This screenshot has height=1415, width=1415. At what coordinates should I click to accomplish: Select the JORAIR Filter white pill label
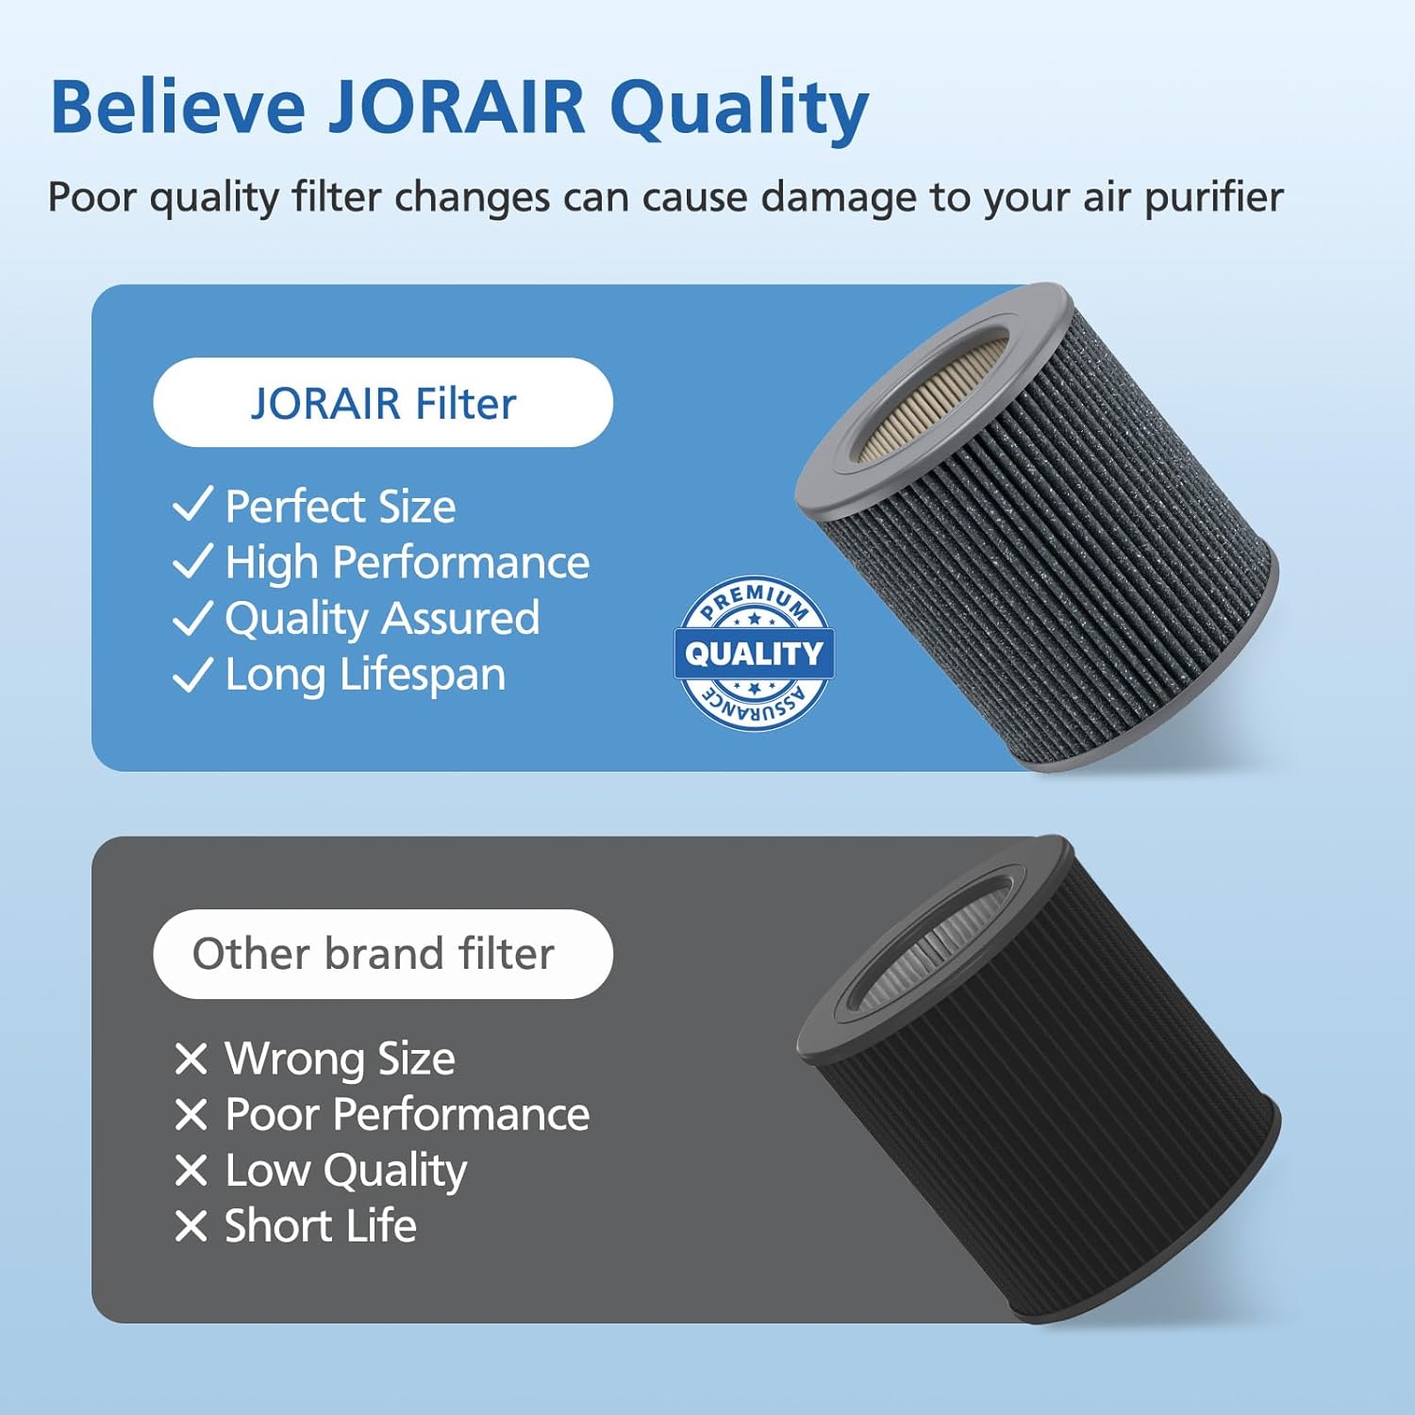(383, 403)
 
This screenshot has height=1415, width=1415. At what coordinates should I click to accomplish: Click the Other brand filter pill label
(383, 954)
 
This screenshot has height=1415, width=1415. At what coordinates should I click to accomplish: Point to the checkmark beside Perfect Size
(192, 505)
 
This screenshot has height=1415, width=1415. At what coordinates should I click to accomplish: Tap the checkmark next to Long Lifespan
(192, 674)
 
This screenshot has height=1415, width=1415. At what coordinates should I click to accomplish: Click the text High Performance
(407, 562)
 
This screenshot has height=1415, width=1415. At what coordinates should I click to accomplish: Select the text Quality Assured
(382, 619)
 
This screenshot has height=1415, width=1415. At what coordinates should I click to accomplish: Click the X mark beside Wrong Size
(191, 1058)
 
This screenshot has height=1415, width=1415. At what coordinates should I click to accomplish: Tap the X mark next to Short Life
(191, 1226)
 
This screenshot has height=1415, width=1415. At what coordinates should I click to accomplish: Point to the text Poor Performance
(407, 1114)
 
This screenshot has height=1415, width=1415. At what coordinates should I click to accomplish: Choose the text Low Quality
(345, 1171)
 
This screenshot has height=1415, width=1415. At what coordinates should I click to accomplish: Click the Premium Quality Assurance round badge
(754, 653)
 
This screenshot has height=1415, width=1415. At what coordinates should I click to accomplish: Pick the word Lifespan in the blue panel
(422, 675)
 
